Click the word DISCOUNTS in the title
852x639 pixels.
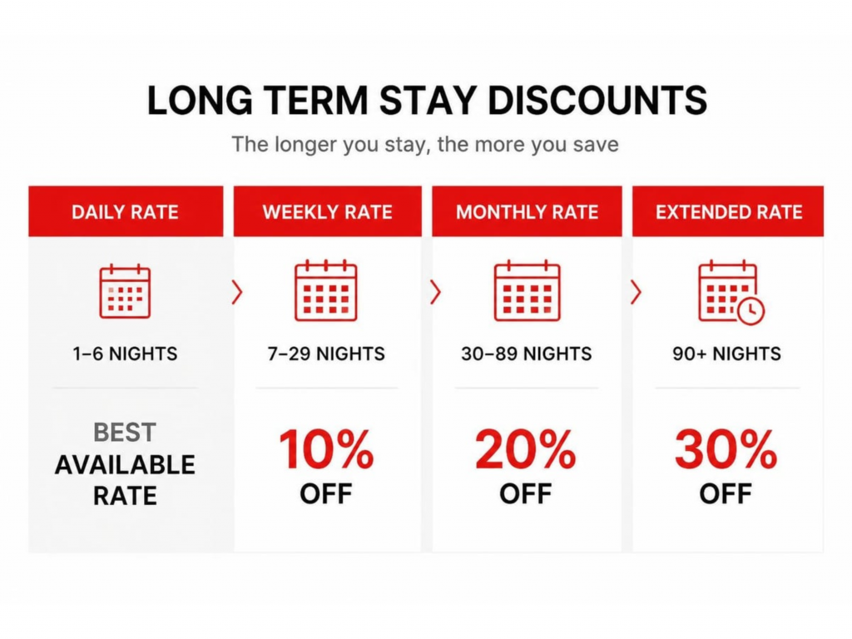597,100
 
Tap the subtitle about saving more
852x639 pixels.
425,145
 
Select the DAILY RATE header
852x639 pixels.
125,212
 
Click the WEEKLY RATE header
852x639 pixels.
328,212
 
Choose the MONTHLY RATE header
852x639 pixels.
527,212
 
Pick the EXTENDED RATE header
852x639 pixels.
729,212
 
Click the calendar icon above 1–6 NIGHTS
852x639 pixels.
125,291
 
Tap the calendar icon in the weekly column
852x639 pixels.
326,290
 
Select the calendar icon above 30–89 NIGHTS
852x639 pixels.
527,290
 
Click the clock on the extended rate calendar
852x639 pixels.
751,311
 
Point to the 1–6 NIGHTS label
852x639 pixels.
125,354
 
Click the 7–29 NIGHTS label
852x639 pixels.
326,354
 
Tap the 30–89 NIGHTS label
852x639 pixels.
527,354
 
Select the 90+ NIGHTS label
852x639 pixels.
726,354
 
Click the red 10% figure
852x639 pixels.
326,448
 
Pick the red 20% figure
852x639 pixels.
526,448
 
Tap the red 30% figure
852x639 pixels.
726,448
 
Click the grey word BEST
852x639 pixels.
125,433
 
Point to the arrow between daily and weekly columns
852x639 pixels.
237,292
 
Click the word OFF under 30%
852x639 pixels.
726,494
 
